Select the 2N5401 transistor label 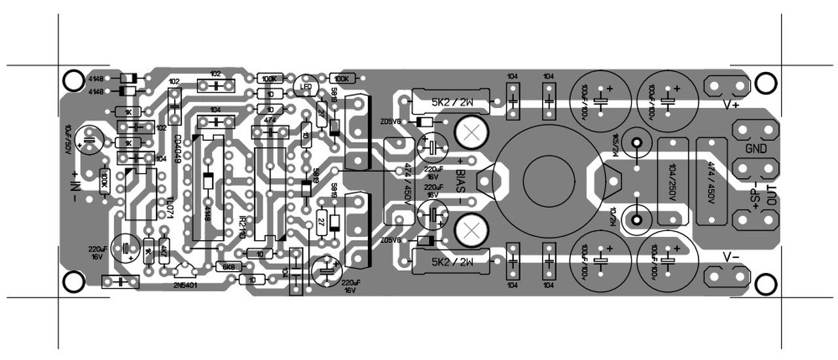[188, 285]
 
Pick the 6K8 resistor [228, 267]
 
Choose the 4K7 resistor [163, 251]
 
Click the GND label [756, 149]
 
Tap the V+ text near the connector [731, 104]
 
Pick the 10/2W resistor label [613, 215]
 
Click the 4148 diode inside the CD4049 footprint [208, 181]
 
